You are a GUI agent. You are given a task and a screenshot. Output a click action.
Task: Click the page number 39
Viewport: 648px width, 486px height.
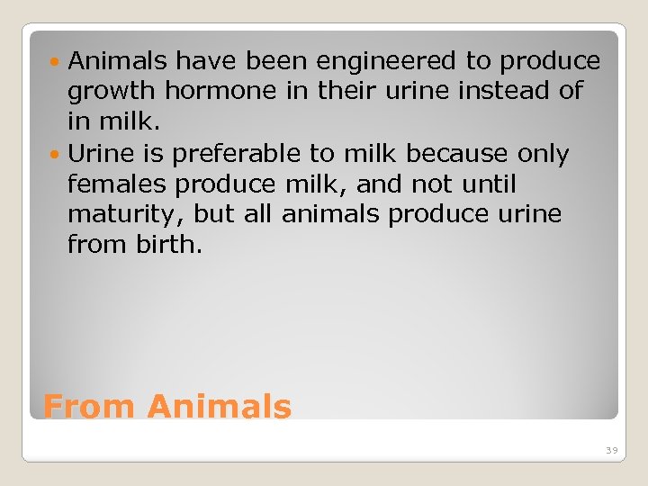pos(611,450)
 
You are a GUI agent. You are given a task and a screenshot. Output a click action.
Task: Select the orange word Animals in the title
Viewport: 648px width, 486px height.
pos(220,407)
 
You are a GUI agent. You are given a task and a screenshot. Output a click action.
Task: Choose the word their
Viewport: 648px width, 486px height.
pos(343,92)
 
